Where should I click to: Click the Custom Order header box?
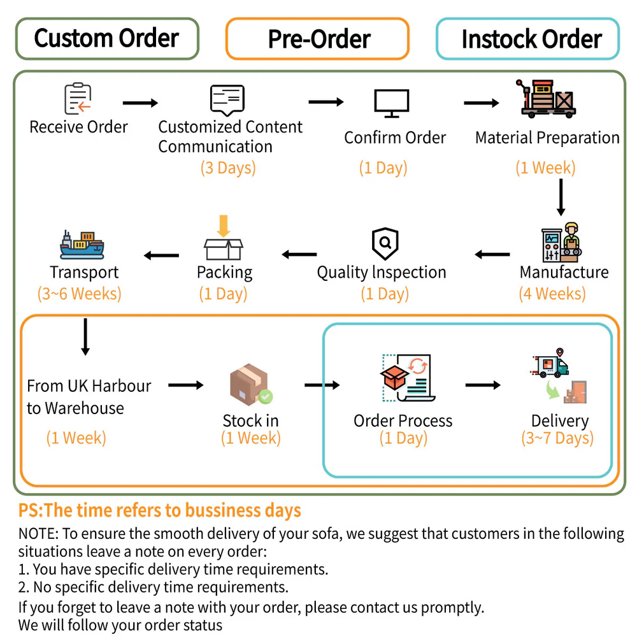click(106, 38)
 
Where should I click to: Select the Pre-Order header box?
click(318, 39)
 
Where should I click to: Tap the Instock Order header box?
click(528, 39)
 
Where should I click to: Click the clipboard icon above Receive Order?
click(78, 99)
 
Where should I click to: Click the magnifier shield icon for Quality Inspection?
click(385, 243)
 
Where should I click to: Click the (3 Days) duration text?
click(228, 168)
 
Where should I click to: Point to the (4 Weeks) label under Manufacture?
click(552, 294)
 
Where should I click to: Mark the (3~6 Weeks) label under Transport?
click(80, 294)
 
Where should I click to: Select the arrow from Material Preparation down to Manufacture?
click(561, 197)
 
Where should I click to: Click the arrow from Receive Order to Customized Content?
click(140, 103)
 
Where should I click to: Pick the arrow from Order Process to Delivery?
click(483, 385)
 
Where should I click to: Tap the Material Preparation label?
click(547, 138)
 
